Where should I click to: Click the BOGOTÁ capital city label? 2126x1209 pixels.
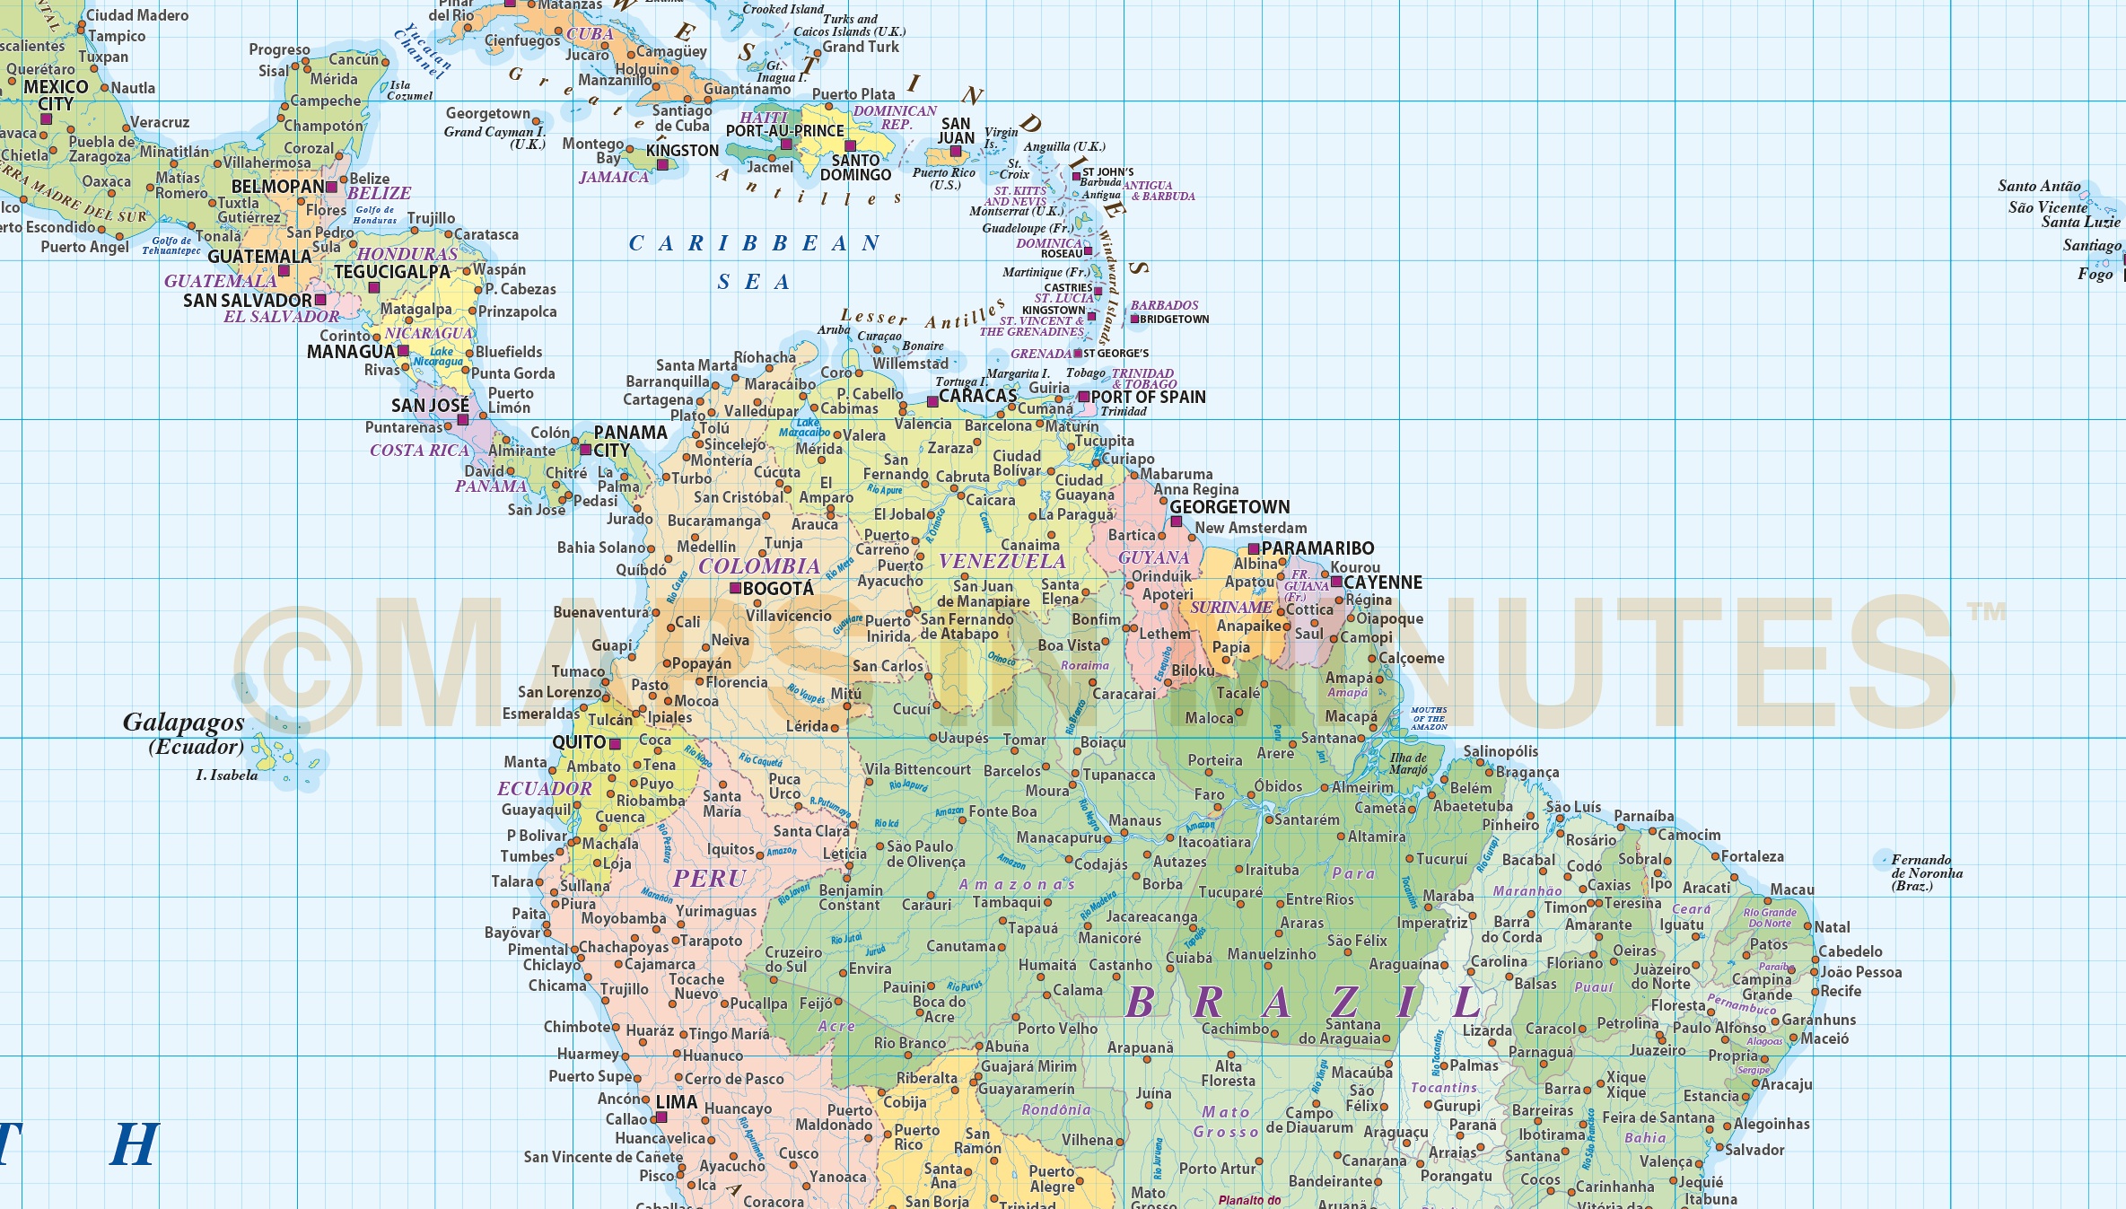[x=778, y=589]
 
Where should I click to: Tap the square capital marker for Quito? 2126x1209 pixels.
[x=616, y=744]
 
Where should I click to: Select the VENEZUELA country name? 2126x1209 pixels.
[x=1002, y=562]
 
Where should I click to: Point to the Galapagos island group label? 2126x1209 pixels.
[x=183, y=723]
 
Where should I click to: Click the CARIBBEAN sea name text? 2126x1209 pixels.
[x=754, y=244]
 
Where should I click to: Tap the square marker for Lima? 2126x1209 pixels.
[x=661, y=1117]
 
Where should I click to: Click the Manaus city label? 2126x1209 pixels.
[x=1134, y=820]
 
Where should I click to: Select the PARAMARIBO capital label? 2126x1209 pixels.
[x=1317, y=548]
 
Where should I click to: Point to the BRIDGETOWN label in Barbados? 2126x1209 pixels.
[x=1174, y=320]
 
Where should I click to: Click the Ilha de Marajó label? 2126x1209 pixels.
[x=1408, y=764]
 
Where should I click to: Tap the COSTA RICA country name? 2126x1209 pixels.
[x=419, y=451]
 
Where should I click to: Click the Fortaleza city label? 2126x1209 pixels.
[x=1752, y=856]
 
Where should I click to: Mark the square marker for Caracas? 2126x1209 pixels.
[x=932, y=401]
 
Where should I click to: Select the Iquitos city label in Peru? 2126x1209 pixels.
[x=731, y=849]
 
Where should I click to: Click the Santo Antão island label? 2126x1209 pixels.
[x=2039, y=187]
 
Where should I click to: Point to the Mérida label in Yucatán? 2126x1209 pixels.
[x=334, y=79]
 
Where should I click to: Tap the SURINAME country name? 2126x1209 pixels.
[x=1230, y=608]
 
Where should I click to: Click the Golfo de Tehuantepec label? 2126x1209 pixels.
[x=171, y=246]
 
